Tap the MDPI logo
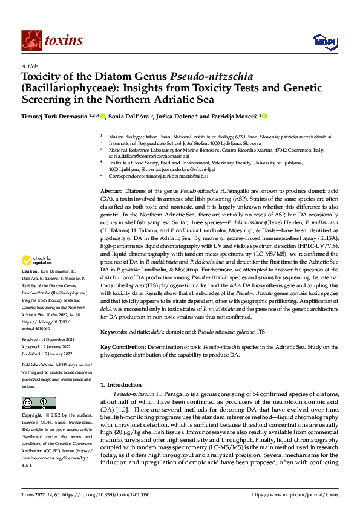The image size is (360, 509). [x=321, y=41]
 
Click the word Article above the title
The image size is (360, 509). [x=29, y=66]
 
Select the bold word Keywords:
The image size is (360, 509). [x=114, y=332]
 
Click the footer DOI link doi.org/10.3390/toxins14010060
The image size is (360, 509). [x=107, y=494]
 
